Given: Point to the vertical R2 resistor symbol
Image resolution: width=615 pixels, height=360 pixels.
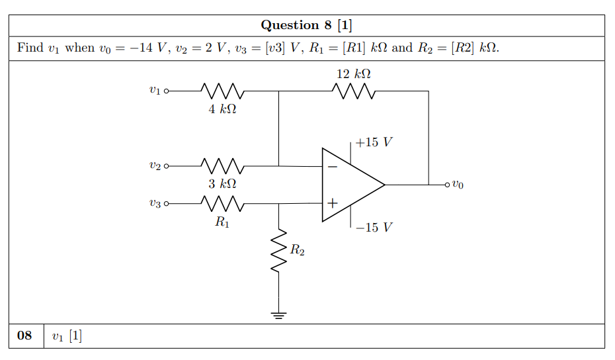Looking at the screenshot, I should (x=279, y=250).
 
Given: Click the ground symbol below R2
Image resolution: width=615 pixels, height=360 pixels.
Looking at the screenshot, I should (x=279, y=314).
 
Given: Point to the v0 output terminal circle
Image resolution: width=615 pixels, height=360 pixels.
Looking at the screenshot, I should (x=448, y=184).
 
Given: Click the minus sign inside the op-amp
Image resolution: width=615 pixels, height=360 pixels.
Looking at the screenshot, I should (x=332, y=167).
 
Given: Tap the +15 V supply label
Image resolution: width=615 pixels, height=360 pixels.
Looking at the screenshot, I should (x=374, y=142).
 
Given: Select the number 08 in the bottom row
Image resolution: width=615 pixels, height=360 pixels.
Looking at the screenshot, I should (x=24, y=336).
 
